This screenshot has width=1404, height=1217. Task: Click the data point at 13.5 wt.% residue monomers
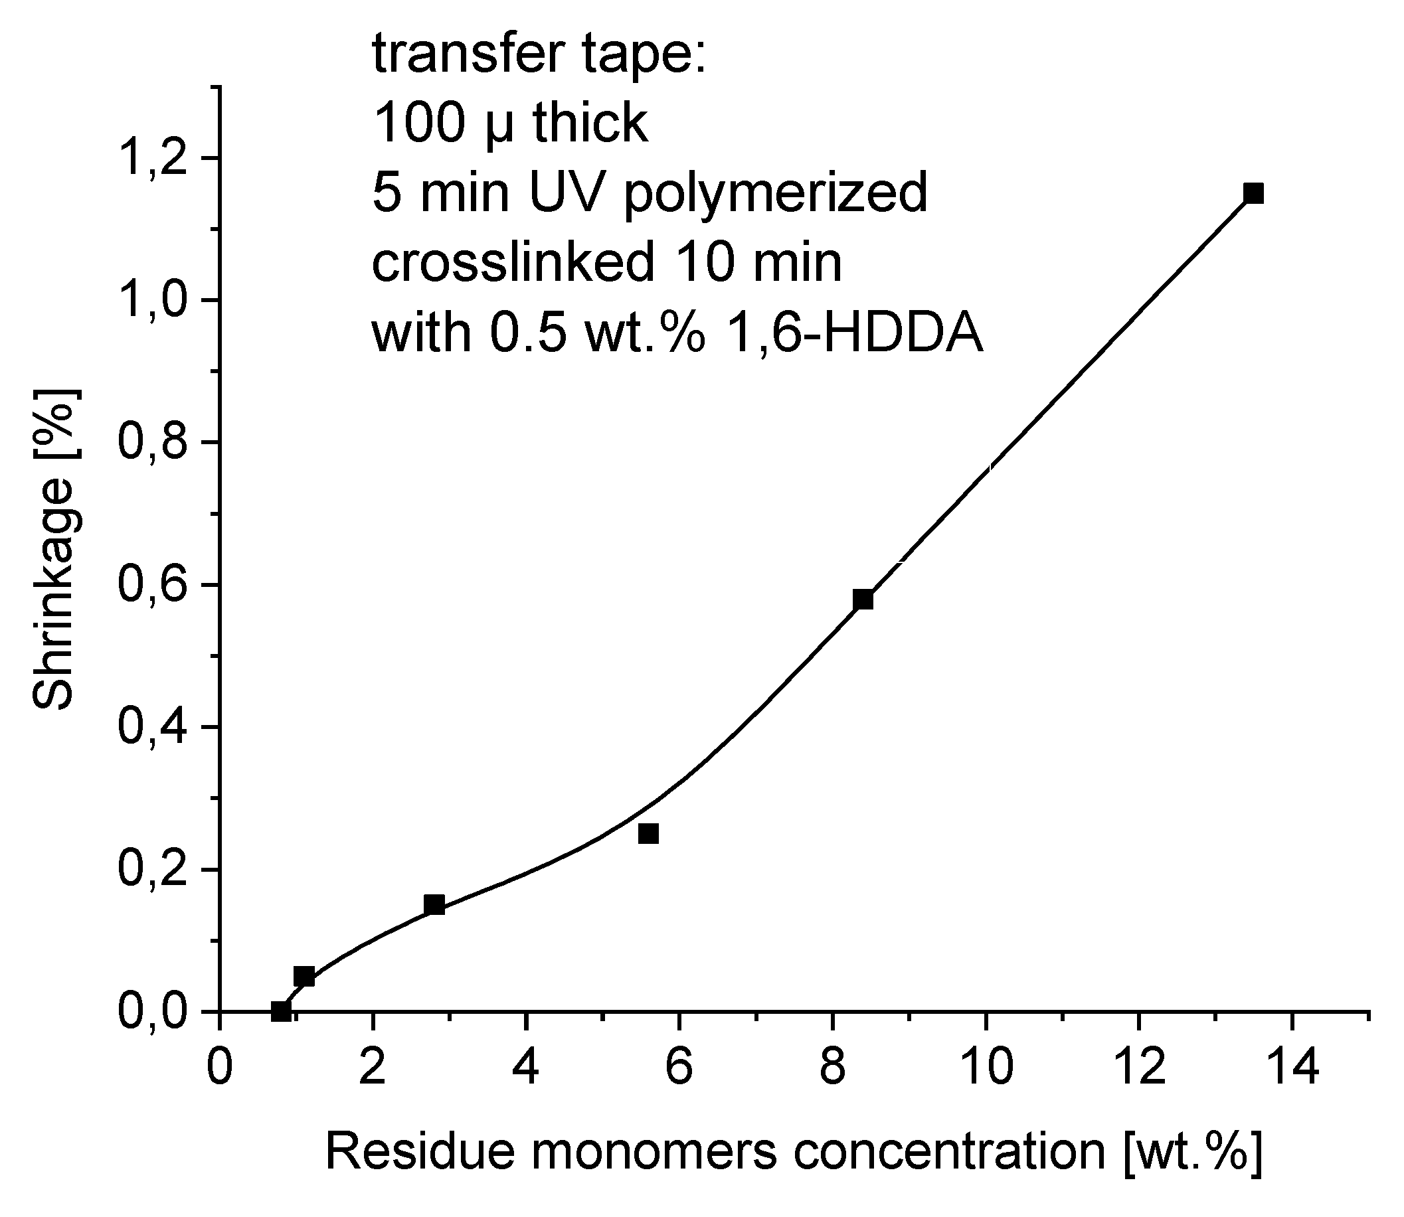pos(1253,194)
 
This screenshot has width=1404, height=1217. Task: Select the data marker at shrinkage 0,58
pos(863,600)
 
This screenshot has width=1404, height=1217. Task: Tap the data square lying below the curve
pos(649,833)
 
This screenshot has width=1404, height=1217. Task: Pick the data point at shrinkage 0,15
pos(434,904)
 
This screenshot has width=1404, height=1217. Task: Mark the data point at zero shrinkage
pos(280,1011)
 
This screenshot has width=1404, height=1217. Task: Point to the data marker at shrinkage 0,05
pos(304,977)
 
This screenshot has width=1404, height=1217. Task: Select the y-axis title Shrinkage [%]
pos(54,550)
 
